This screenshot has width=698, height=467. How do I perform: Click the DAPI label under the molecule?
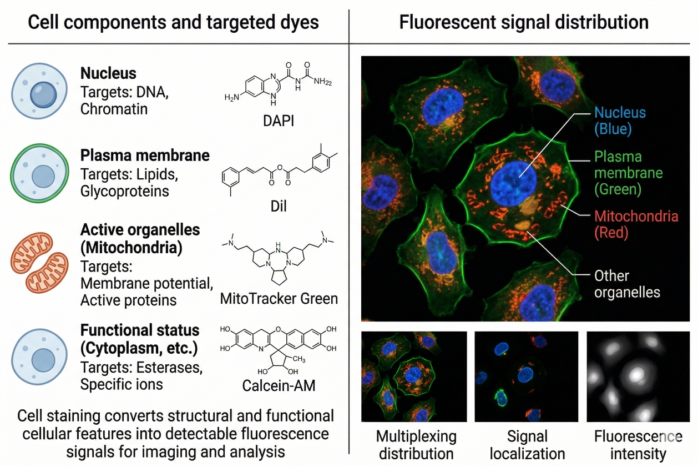pos(279,119)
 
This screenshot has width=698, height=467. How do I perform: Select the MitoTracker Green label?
pos(279,298)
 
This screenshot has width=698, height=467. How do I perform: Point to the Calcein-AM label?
pos(279,385)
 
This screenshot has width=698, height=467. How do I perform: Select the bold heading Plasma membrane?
pos(145,155)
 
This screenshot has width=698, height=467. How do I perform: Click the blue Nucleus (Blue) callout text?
pos(620,120)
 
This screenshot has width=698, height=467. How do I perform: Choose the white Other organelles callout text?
pos(627,283)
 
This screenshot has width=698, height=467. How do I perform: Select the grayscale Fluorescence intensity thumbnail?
pos(638,376)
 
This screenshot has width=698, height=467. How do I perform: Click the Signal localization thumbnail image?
pos(526,376)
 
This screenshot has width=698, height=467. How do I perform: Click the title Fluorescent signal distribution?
pos(523,22)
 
